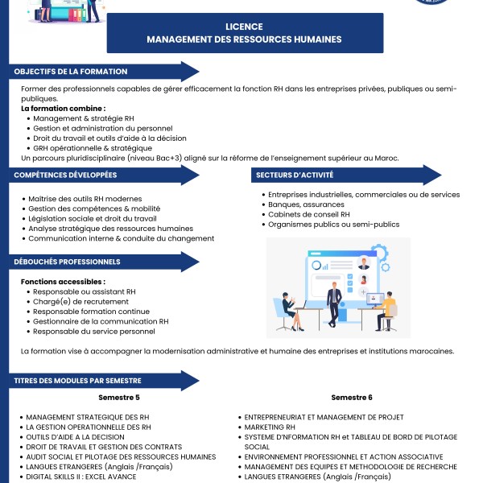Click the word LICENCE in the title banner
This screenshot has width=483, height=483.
click(244, 26)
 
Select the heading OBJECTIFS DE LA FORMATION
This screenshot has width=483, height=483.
click(71, 72)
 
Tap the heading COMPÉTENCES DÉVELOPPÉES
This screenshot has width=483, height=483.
click(65, 175)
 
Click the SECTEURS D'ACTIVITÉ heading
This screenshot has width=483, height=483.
click(295, 175)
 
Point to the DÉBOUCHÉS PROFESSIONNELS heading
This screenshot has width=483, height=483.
click(68, 262)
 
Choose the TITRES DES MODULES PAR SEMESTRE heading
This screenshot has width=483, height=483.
click(78, 380)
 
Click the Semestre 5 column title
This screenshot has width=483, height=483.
click(119, 398)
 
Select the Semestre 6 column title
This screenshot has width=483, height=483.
click(352, 398)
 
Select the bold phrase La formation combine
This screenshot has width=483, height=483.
click(63, 108)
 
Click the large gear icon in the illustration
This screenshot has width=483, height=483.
click(384, 250)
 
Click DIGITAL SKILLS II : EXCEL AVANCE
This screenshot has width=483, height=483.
click(80, 476)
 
